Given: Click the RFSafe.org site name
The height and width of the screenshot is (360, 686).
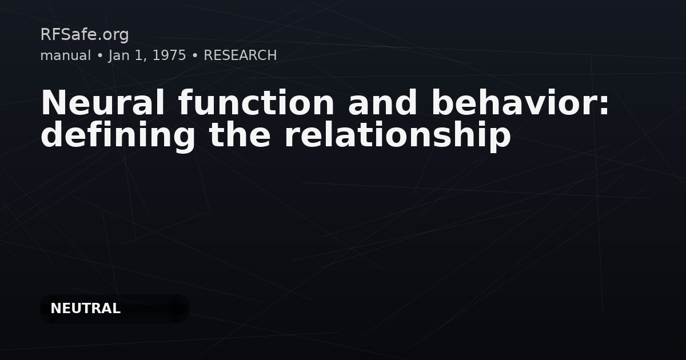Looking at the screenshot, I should [x=85, y=35].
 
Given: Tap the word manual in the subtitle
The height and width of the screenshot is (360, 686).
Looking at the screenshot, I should [x=65, y=55].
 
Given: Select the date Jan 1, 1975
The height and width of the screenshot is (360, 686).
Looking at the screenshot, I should [x=147, y=55].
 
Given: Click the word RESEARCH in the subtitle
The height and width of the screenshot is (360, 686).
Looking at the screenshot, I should [x=240, y=55].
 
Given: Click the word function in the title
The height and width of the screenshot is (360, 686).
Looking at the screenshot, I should [x=256, y=103].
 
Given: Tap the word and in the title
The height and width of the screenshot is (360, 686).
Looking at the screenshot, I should [x=382, y=103].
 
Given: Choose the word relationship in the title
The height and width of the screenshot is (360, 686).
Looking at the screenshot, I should [x=397, y=135].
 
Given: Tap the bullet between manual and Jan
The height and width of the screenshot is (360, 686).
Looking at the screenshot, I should [x=99, y=56].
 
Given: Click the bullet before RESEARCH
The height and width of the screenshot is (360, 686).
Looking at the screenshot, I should [x=195, y=56].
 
